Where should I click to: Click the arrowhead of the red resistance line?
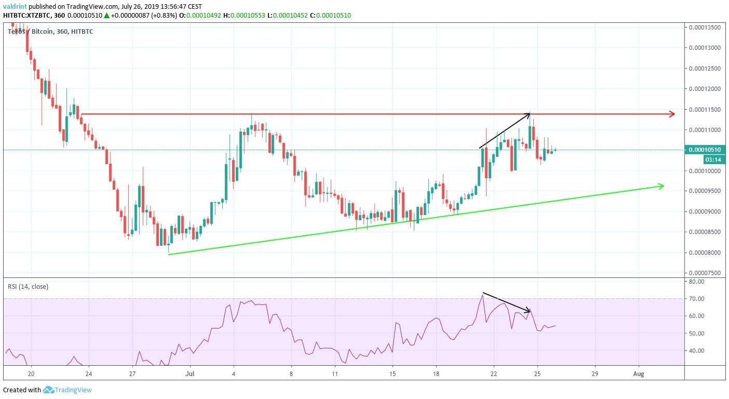click(x=672, y=114)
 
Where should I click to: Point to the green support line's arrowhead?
click(x=661, y=185)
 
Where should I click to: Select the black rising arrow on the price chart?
click(x=505, y=130)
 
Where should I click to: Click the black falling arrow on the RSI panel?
click(x=506, y=302)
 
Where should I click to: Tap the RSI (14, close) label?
click(x=28, y=286)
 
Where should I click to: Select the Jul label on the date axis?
click(x=191, y=374)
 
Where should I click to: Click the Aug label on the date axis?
click(x=639, y=374)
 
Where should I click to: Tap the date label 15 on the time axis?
click(x=393, y=374)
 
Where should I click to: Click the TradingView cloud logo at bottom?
click(x=49, y=390)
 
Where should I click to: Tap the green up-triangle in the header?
click(x=106, y=16)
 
